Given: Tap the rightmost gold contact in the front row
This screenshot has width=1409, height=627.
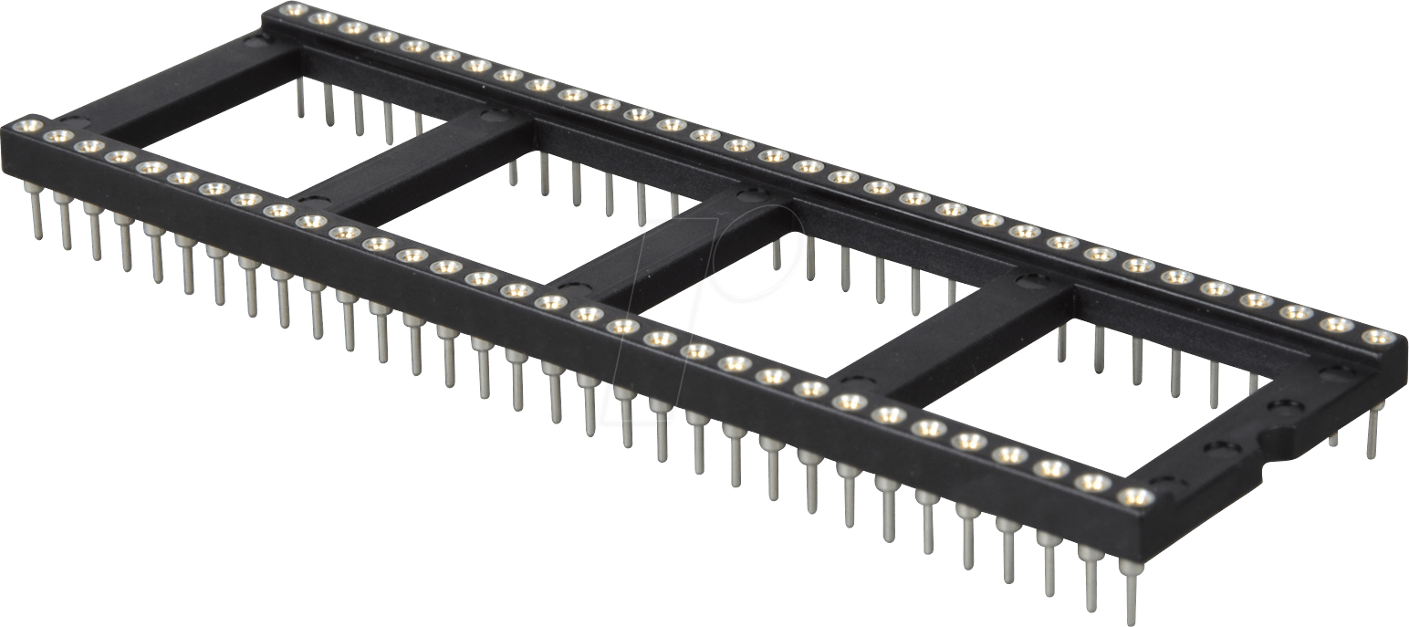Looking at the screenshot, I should click(1134, 496).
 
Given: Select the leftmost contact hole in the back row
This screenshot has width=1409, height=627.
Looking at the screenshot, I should click(293, 11).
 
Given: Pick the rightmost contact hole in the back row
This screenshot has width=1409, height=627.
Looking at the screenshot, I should click(1378, 337).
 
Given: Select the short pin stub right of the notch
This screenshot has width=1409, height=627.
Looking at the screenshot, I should click(1334, 439).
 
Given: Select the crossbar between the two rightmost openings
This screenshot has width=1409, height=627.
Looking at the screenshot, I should click(958, 338).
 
